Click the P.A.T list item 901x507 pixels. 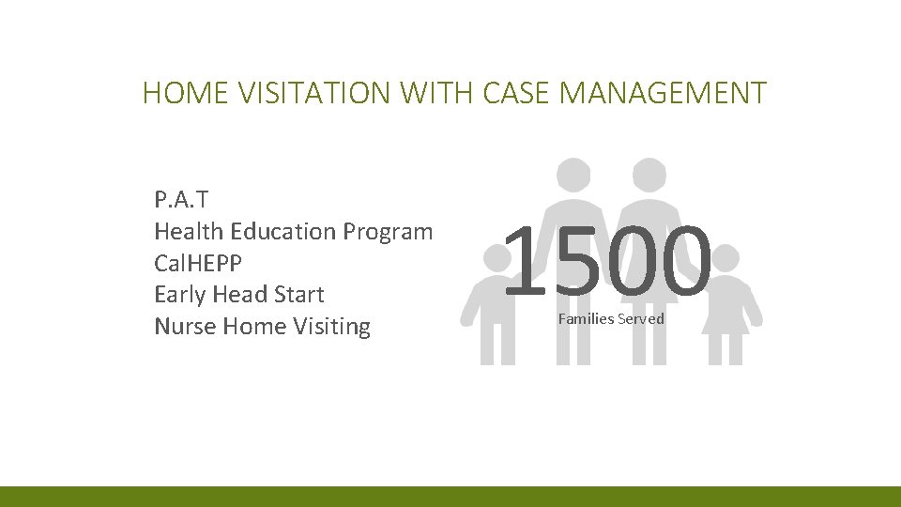pyautogui.click(x=181, y=199)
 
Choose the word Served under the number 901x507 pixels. pyautogui.click(x=643, y=319)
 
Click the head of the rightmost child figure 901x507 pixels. pyautogui.click(x=723, y=258)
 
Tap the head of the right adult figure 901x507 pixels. pyautogui.click(x=649, y=174)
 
